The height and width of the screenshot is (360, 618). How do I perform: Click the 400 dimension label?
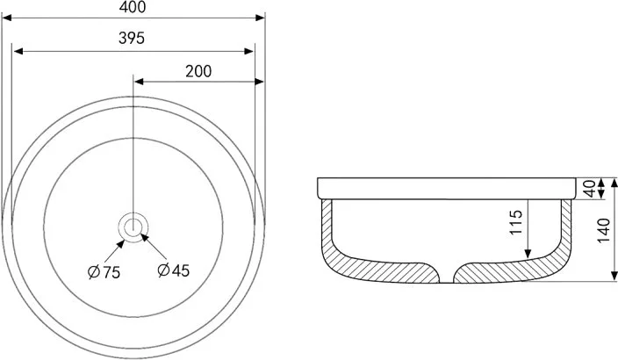click(x=133, y=7)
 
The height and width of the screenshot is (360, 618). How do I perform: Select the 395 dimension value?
click(x=132, y=38)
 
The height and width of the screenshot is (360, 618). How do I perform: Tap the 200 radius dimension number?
click(x=198, y=71)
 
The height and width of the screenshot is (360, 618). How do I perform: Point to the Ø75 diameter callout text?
click(x=104, y=272)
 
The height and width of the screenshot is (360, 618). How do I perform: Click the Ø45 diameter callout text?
click(x=174, y=270)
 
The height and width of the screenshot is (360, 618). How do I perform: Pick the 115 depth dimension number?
click(x=515, y=222)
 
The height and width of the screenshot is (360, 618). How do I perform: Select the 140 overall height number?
click(x=603, y=230)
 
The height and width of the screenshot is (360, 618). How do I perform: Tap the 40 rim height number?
click(x=590, y=189)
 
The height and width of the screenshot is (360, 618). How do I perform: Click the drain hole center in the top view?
click(x=133, y=227)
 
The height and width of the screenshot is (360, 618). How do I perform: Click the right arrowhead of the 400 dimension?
click(x=260, y=18)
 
